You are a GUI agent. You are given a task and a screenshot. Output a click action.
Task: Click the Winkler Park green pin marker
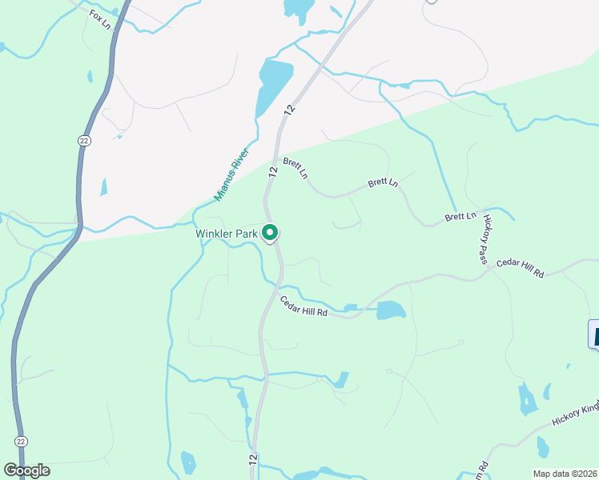coord(271,232)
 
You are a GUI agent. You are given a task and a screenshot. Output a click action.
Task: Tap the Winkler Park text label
coord(227,234)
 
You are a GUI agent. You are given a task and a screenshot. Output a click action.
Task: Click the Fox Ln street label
coord(98,15)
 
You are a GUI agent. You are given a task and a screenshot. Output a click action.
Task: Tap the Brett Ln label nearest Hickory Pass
coord(460,217)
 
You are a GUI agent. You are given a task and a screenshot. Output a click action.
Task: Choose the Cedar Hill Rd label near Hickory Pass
coord(520,268)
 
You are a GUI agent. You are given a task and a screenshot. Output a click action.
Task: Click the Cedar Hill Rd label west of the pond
coord(304,307)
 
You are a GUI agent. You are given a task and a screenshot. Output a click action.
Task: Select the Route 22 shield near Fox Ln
coord(85,140)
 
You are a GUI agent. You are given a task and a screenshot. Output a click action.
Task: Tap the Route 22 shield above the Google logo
coord(21,441)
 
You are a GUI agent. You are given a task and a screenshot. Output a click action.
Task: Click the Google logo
coord(26,470)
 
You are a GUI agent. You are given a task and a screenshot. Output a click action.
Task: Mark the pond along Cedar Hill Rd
coord(391,310)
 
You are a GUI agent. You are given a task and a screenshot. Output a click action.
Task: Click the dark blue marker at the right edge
coord(594,334)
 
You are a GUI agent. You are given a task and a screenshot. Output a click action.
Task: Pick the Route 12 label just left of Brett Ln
coord(273,171)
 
